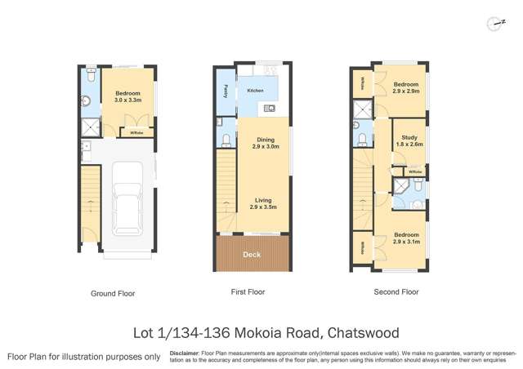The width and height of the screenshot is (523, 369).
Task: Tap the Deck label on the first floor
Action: click(253, 256)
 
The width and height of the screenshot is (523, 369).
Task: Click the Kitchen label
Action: click(255, 90)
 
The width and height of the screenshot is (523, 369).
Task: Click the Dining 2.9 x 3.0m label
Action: click(263, 143)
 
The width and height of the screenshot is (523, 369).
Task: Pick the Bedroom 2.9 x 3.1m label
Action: click(405, 238)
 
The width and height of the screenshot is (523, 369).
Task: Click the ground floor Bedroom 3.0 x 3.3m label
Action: click(128, 96)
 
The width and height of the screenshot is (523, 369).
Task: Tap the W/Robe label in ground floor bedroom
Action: click(135, 131)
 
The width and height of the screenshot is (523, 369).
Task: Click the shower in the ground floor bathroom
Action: click(87, 127)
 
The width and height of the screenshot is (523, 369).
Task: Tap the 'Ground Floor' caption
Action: click(112, 293)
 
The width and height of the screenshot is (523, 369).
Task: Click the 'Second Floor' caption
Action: click(396, 291)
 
